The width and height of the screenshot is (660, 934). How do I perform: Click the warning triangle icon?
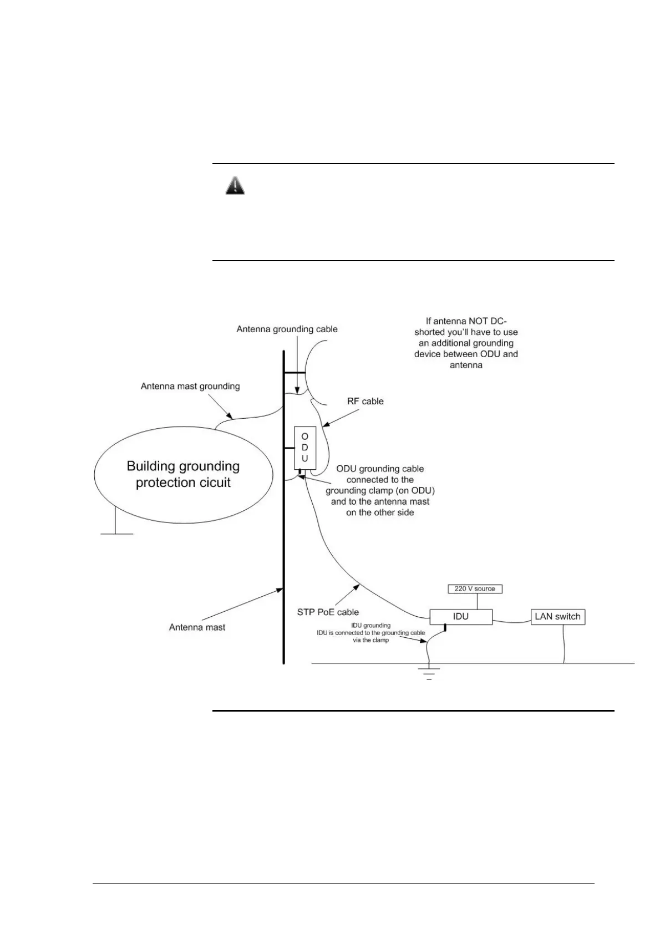[x=235, y=185]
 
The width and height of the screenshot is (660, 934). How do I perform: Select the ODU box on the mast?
[x=304, y=448]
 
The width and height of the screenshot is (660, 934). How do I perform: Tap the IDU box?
[x=461, y=616]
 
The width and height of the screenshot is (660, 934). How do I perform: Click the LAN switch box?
[x=557, y=616]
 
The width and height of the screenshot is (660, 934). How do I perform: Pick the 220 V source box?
[x=475, y=588]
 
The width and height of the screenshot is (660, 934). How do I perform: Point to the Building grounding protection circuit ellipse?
[x=184, y=474]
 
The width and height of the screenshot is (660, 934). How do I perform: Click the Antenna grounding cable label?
[x=287, y=329]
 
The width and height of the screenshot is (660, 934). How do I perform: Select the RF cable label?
[x=365, y=401]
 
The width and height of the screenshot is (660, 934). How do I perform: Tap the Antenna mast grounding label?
[x=190, y=386]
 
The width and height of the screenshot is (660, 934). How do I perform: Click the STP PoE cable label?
[x=328, y=612]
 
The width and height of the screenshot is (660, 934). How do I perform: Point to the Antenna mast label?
[x=197, y=627]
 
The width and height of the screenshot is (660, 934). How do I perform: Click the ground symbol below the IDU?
[x=428, y=673]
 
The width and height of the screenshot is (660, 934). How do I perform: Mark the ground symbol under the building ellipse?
[x=116, y=533]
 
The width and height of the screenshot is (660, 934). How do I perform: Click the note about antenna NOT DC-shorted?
[x=466, y=343]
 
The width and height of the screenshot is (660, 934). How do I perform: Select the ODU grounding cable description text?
[x=380, y=490]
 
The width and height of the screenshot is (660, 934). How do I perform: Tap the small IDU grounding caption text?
[x=370, y=632]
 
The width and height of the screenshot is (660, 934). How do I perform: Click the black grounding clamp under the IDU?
[x=445, y=628]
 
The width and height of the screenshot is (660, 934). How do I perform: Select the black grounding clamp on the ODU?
[x=299, y=473]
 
